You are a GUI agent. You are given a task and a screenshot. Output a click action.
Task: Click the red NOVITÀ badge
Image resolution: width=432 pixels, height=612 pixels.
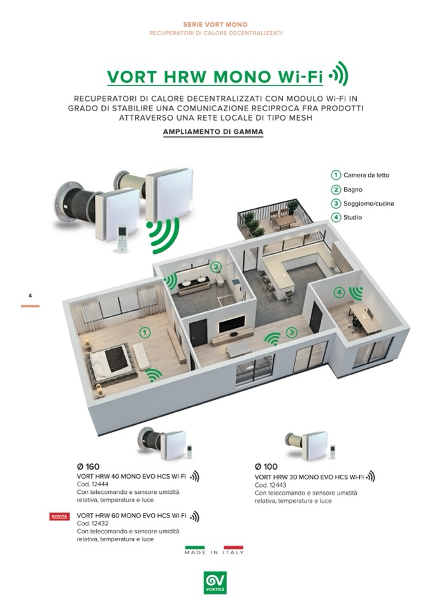(x=60, y=517)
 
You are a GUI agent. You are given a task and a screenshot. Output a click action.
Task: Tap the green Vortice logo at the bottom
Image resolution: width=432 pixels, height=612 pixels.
(x=215, y=583)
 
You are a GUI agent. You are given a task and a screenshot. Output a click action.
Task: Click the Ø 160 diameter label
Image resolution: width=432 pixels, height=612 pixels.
(x=89, y=466)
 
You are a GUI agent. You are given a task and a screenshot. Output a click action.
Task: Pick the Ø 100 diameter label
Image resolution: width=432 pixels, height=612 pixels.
(x=266, y=466)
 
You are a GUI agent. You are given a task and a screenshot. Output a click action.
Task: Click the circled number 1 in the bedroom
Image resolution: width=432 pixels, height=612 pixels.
(x=145, y=333)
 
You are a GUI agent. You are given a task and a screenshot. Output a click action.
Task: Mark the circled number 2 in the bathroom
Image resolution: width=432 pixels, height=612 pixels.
(x=215, y=267)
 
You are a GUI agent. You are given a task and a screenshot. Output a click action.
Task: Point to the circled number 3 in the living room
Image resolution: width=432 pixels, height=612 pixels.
(x=291, y=332)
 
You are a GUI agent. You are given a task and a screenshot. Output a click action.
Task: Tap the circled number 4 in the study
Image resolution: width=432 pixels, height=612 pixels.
(x=339, y=292)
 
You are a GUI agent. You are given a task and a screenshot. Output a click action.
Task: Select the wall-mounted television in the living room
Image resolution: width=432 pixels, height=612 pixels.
(x=231, y=324)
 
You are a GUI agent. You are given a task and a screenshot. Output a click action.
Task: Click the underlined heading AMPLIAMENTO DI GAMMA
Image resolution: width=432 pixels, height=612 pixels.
(x=213, y=132)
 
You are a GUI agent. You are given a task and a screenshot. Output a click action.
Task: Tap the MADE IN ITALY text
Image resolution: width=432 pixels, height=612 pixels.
(x=214, y=552)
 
